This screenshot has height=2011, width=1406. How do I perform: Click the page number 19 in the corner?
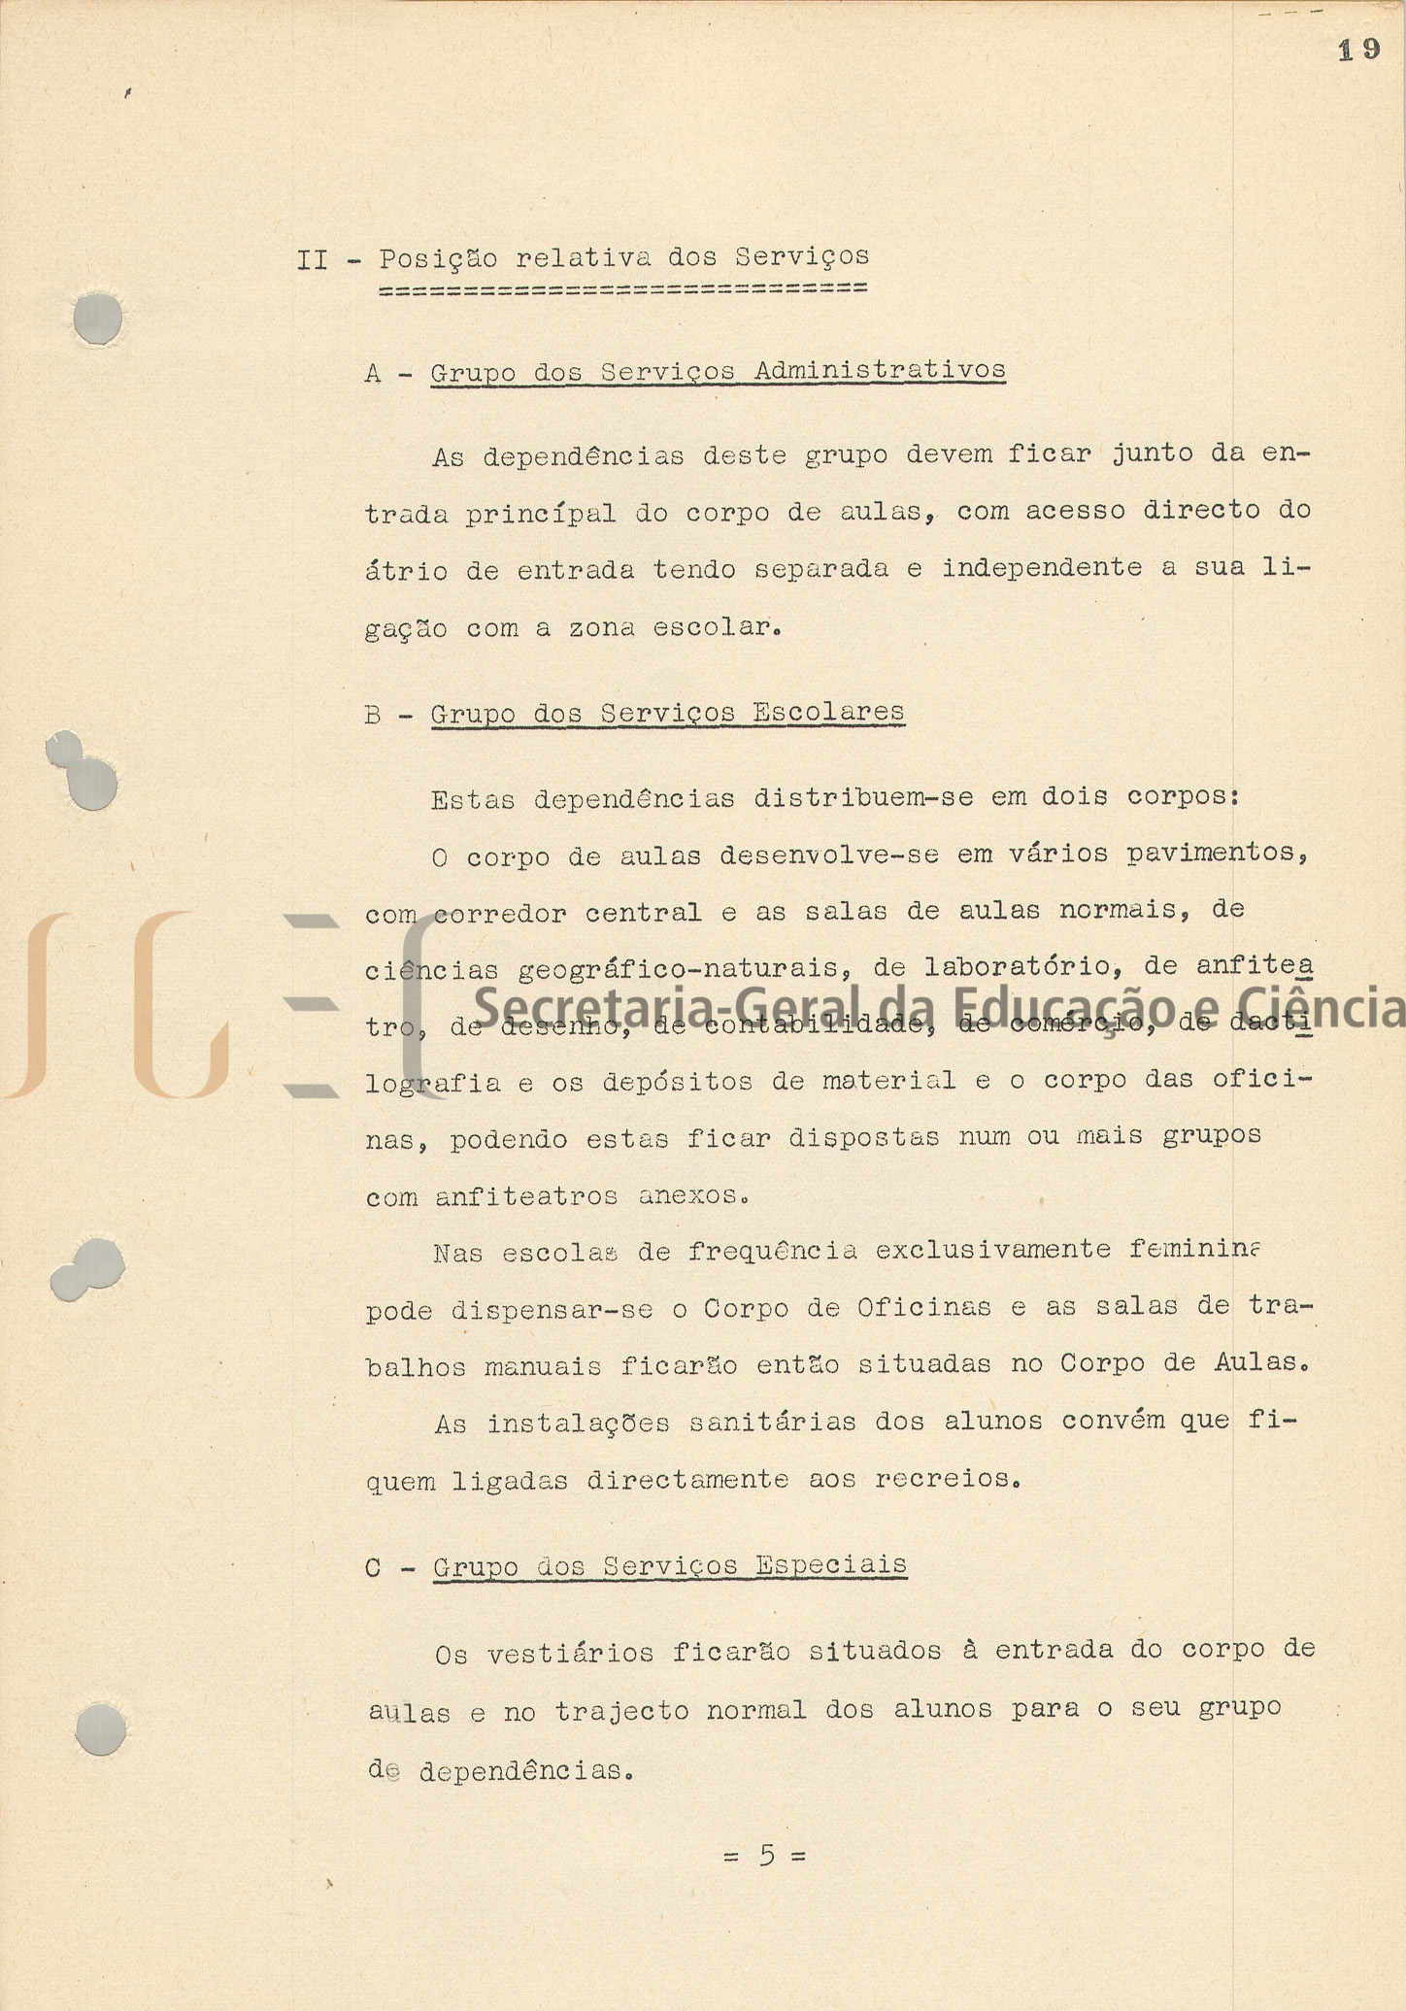tap(1358, 50)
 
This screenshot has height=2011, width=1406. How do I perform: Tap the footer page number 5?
tap(767, 1856)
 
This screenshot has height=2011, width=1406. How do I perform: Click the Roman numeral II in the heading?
tap(312, 260)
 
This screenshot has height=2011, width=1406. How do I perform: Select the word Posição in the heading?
tap(438, 259)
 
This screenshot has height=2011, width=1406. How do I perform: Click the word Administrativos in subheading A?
tap(880, 370)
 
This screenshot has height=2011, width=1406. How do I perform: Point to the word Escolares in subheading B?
tap(828, 712)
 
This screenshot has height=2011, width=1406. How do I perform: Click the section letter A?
tap(373, 374)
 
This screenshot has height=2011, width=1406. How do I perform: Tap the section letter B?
tap(373, 716)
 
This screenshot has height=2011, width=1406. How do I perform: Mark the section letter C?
tap(373, 1568)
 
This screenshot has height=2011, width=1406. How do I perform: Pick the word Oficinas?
tap(923, 1307)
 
